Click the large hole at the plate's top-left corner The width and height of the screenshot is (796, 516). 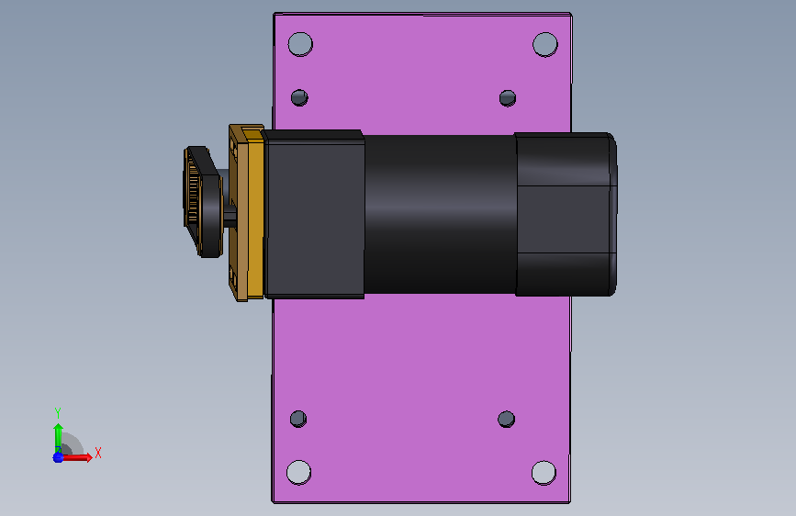point(300,44)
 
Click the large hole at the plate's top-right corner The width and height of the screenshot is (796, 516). point(545,44)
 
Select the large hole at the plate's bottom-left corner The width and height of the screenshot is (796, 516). point(299,472)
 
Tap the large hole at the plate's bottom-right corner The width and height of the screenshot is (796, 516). point(544,473)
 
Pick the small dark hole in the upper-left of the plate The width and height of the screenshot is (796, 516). point(299,97)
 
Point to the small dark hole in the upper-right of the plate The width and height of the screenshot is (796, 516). point(508,98)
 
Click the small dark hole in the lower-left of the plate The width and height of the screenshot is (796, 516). point(298,419)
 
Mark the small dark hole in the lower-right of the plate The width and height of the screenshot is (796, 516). point(507,420)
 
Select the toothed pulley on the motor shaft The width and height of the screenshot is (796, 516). point(202,202)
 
